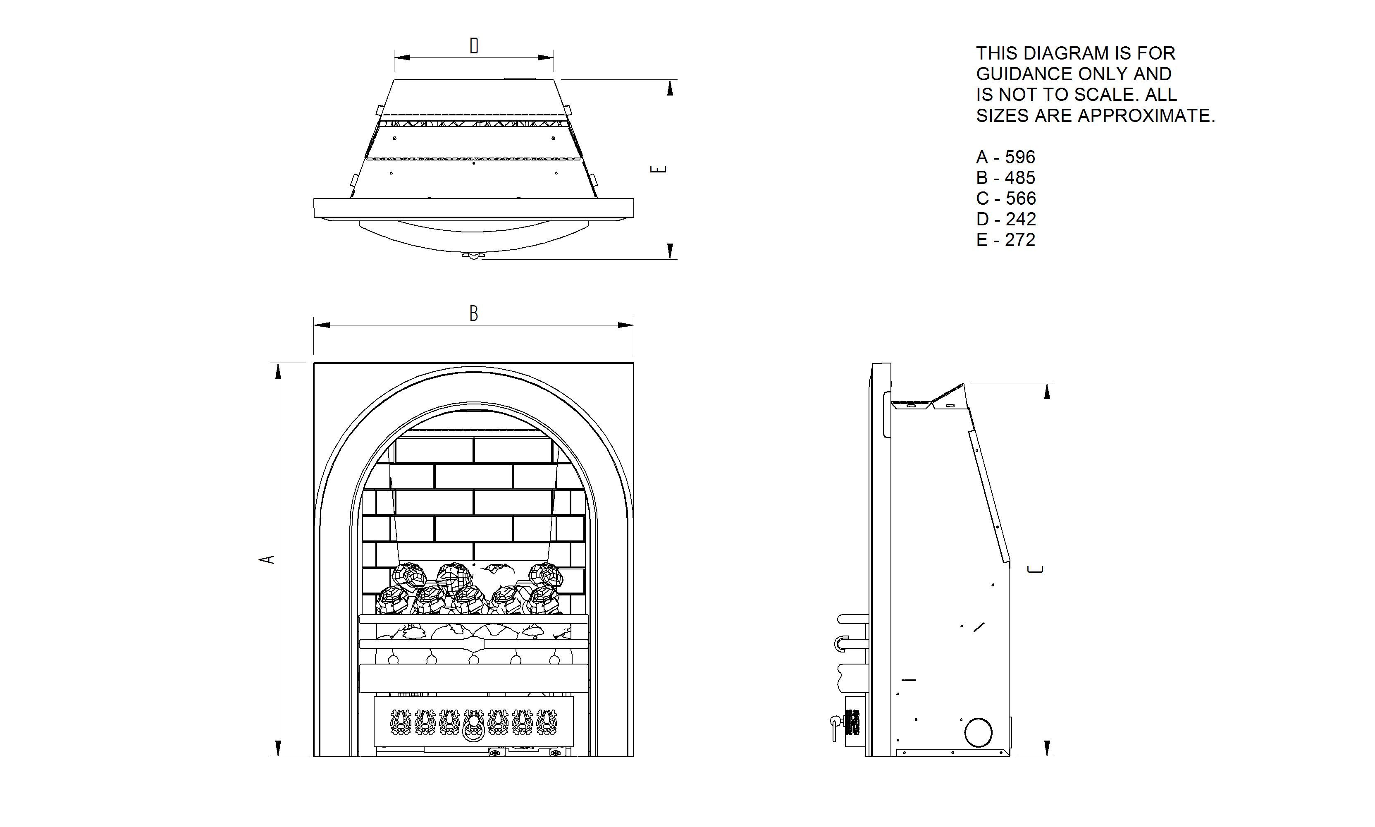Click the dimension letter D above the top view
coord(474,46)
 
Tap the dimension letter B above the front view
coord(474,314)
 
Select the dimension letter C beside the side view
coord(1035,569)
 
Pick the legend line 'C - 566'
coord(1006,198)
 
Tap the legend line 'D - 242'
coord(1006,219)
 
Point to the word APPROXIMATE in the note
coord(1146,115)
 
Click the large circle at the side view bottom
coord(978,732)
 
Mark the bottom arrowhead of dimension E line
coord(670,251)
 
